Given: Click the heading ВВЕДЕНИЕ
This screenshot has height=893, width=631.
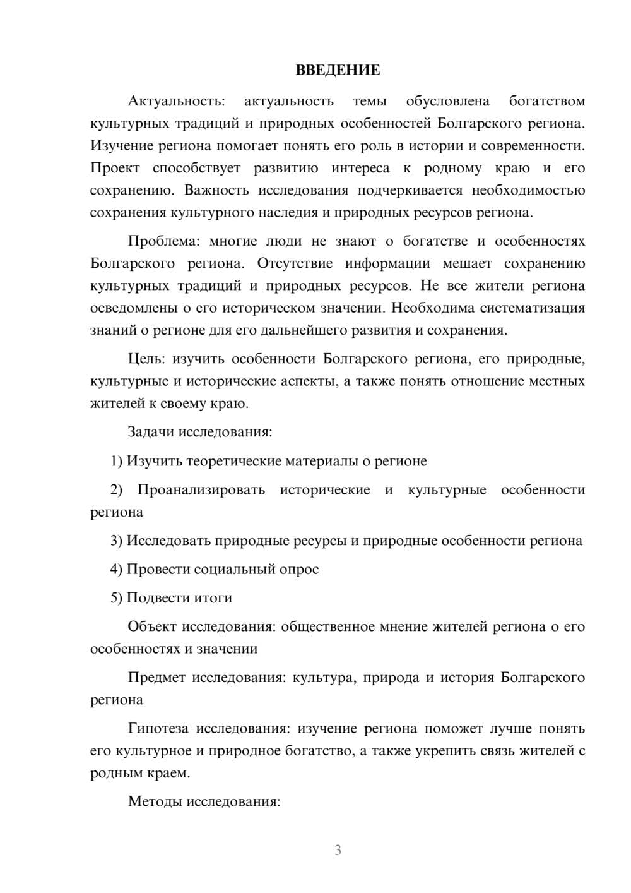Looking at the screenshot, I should point(338,70).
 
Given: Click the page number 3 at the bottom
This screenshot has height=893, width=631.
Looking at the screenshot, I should point(338,850).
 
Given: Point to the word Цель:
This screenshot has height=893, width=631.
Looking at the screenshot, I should point(146,359).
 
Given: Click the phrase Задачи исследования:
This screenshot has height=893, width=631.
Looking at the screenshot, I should point(199,433).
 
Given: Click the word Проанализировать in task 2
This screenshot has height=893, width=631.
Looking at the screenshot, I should point(201,490).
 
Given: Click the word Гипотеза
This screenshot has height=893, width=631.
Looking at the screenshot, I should point(158,729).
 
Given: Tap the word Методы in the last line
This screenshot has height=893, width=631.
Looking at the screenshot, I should point(151,802).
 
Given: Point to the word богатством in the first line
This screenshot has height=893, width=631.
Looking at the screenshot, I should point(546,101).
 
